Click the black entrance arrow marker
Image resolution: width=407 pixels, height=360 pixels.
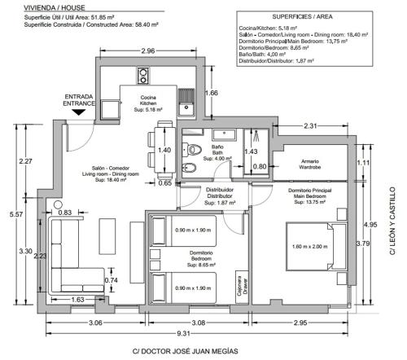pyautogui.click(x=78, y=112)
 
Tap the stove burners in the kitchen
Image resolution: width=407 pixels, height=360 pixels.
pyautogui.click(x=142, y=76)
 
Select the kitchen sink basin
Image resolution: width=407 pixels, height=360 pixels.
pyautogui.click(x=186, y=108)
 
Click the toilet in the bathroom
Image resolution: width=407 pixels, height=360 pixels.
pyautogui.click(x=192, y=150)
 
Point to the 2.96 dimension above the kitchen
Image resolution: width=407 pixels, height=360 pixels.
pyautogui.click(x=148, y=50)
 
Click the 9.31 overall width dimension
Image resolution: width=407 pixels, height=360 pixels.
pyautogui.click(x=184, y=333)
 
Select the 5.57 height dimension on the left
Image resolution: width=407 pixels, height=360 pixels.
pyautogui.click(x=16, y=214)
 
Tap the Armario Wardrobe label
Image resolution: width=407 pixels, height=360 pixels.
pyautogui.click(x=310, y=165)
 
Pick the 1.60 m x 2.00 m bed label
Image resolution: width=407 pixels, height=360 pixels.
pyautogui.click(x=310, y=247)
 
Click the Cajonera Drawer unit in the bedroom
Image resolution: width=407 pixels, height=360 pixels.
pyautogui.click(x=243, y=287)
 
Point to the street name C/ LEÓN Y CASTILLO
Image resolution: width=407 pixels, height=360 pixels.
pyautogui.click(x=392, y=221)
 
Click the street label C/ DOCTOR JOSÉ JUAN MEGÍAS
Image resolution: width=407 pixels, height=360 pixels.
pyautogui.click(x=186, y=351)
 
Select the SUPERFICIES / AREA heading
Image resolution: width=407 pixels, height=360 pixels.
pyautogui.click(x=302, y=16)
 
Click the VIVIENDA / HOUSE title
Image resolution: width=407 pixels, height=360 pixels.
pyautogui.click(x=55, y=7)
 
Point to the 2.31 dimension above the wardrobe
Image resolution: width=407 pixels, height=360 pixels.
pyautogui.click(x=310, y=126)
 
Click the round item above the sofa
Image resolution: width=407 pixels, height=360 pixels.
pyautogui.click(x=58, y=204)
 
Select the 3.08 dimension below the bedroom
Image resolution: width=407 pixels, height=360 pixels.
pyautogui.click(x=199, y=323)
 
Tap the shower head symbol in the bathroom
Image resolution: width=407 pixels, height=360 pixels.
pyautogui.click(x=256, y=135)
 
